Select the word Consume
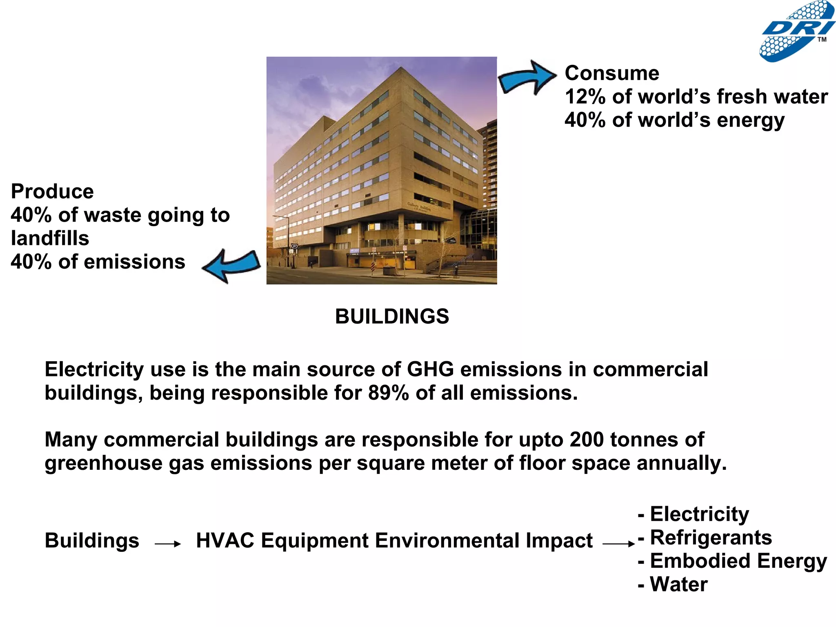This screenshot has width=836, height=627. pyautogui.click(x=611, y=73)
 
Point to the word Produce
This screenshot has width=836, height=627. pyautogui.click(x=52, y=191)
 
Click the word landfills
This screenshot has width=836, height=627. pyautogui.click(x=50, y=238)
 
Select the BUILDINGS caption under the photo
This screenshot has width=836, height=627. pyautogui.click(x=392, y=316)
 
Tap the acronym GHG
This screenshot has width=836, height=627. pyautogui.click(x=430, y=369)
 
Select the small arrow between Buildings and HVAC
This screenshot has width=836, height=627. pyautogui.click(x=168, y=544)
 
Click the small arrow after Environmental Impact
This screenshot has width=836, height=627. pyautogui.click(x=618, y=544)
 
